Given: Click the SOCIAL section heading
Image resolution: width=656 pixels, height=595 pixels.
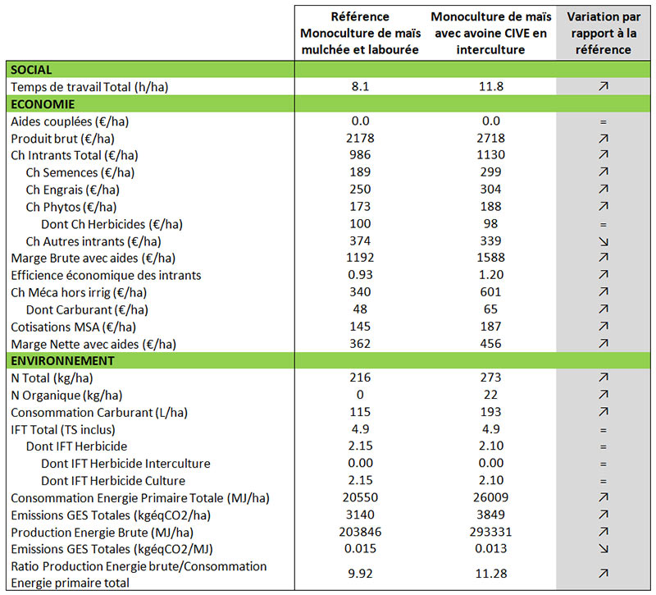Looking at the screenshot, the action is click(31, 70).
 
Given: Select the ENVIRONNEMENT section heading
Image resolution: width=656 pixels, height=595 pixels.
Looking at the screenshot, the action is click(62, 360).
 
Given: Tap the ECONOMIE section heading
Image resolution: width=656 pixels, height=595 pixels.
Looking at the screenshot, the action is click(43, 104).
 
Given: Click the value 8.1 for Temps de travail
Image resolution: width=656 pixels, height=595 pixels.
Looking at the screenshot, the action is click(360, 86).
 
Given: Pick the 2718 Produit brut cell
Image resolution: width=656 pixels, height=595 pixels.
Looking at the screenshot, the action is click(490, 138).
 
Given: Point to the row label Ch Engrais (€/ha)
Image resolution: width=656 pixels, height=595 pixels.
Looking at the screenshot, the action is click(73, 190).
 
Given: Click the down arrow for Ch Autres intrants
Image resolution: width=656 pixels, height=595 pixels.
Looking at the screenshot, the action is click(604, 241).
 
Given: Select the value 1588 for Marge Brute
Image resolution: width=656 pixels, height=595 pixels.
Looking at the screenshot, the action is click(490, 257).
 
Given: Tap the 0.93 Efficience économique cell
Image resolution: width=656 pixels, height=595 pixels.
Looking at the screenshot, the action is click(360, 274).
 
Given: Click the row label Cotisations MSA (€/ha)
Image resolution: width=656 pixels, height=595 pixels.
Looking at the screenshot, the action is click(73, 327).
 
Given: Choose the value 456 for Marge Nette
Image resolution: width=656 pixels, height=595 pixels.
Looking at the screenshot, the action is click(490, 343).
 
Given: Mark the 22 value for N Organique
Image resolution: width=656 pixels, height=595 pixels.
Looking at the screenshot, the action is click(490, 395).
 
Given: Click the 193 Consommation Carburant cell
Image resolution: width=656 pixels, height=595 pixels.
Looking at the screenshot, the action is click(490, 412).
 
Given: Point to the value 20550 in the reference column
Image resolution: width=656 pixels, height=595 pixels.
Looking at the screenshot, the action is click(360, 497).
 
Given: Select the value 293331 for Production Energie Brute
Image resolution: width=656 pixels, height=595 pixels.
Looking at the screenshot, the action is click(490, 531).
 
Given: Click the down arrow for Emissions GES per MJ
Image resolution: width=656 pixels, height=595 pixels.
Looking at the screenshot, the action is click(604, 548).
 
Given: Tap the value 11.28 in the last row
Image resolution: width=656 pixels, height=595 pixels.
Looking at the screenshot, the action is click(490, 573).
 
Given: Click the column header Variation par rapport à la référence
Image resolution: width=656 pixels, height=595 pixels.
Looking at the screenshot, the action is click(604, 33).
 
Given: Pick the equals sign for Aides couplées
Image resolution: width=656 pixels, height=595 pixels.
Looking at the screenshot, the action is click(604, 122).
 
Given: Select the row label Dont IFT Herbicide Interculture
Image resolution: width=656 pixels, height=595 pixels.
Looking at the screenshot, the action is click(125, 464).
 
